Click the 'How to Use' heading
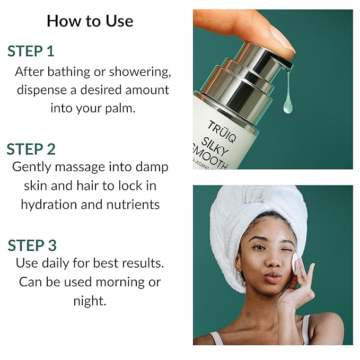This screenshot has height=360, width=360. (x=90, y=21)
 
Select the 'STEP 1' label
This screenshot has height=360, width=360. (x=31, y=51)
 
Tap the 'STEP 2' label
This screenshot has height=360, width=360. (x=31, y=149)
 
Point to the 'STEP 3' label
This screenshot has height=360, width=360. (x=32, y=245)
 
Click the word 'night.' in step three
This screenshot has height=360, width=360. (x=90, y=301)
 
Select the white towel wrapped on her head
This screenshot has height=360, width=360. (x=254, y=212)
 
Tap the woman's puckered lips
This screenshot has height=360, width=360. (x=273, y=277)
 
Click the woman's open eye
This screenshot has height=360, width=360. (x=258, y=248)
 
